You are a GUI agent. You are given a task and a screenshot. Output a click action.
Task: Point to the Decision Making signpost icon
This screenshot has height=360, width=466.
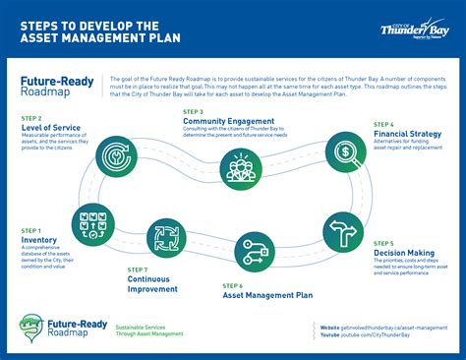tap(343, 231)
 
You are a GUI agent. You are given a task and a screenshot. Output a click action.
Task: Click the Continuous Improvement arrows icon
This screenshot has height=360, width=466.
tap(166, 237)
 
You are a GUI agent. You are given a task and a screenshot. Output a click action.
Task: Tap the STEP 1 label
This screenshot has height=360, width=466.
tap(30, 230)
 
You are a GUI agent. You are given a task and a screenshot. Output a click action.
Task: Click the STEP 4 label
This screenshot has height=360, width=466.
tap(383, 124)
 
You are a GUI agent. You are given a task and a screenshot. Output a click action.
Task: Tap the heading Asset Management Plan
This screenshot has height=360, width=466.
tap(267, 293)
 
